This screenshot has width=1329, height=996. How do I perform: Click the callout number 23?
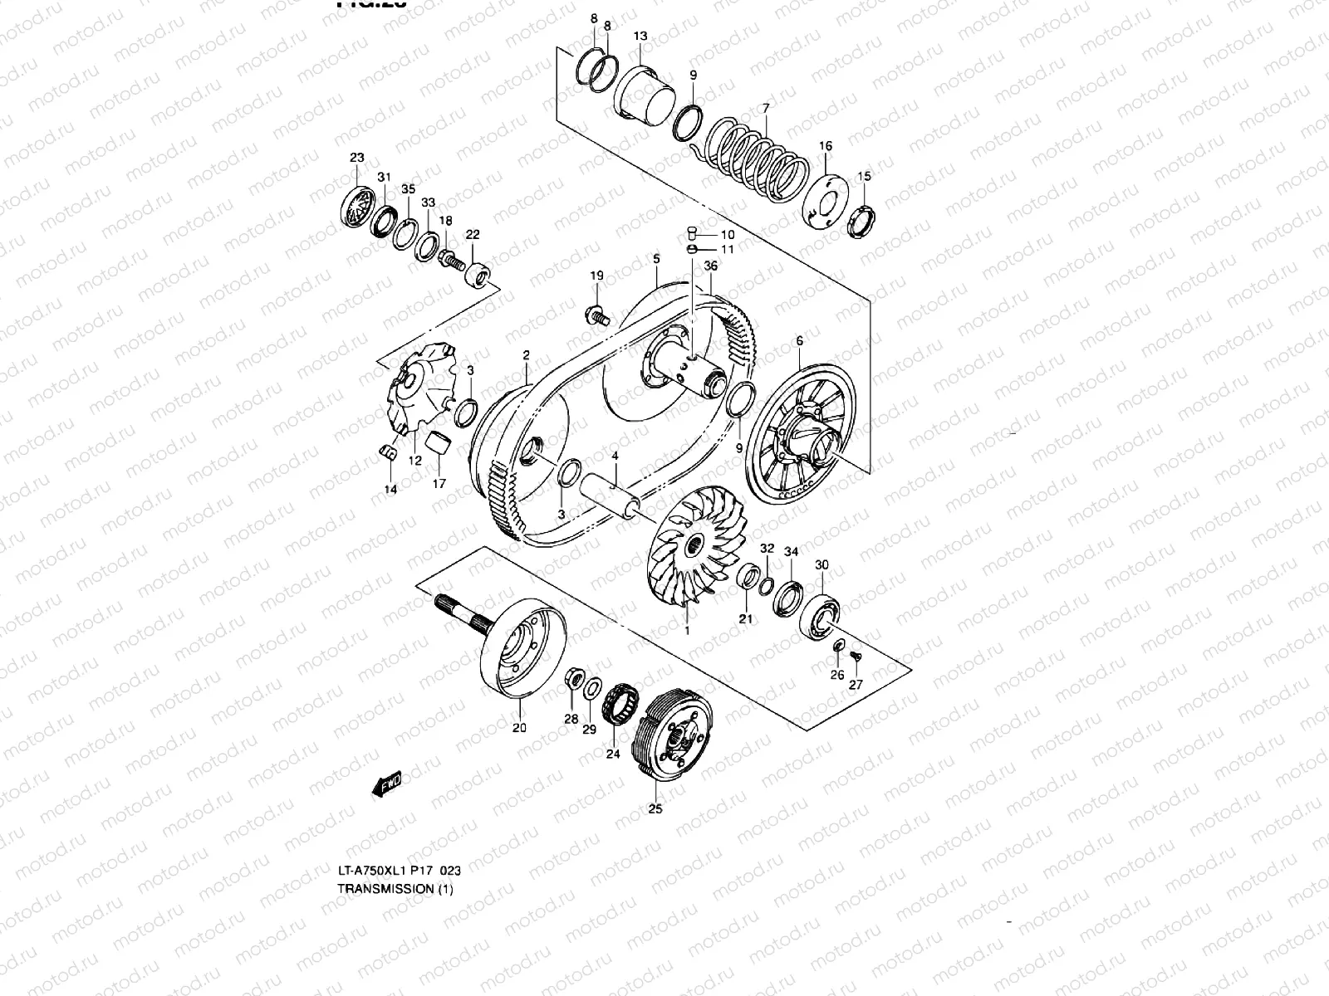coord(356,158)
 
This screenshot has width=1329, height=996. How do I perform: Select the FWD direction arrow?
coord(387,783)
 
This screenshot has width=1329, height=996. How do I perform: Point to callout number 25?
coord(655,809)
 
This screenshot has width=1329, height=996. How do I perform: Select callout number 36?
coord(711,266)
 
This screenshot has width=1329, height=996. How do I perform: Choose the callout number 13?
coord(640,37)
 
